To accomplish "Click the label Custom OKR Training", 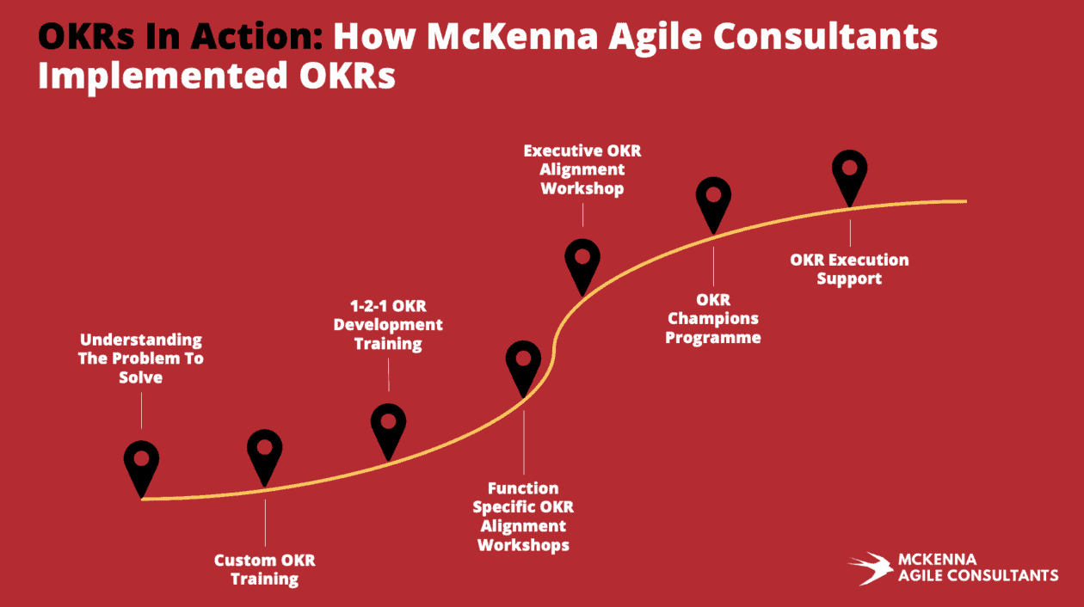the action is coord(265,570).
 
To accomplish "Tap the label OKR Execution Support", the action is coord(849,269).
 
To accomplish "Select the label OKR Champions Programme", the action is coord(713,319).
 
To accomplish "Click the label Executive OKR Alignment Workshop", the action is coord(582,169).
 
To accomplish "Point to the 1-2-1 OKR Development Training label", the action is coord(388,325).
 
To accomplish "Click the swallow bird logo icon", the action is coord(871,568).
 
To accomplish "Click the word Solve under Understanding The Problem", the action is coord(141,377).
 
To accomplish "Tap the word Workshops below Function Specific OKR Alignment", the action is coord(523,545).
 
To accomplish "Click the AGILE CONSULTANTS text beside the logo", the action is coord(978,575).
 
